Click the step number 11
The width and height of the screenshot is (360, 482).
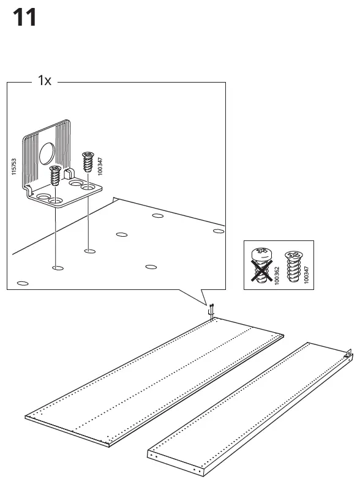[24, 18]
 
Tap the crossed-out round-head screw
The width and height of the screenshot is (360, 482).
[260, 264]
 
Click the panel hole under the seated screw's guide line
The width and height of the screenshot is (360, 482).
[57, 268]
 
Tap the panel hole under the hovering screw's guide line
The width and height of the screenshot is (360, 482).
[89, 250]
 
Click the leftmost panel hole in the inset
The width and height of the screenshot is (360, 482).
[23, 283]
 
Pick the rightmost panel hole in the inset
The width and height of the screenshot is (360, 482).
[217, 231]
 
